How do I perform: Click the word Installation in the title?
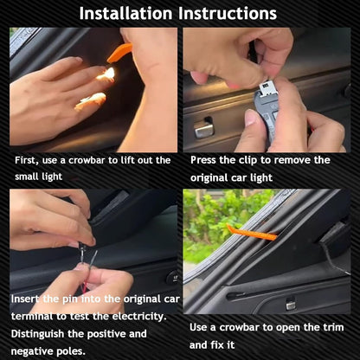coord(125,13)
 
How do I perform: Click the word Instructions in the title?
coord(228,13)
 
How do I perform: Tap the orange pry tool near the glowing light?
coord(119,53)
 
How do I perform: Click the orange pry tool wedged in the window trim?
coord(252,232)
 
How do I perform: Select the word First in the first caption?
coord(27,160)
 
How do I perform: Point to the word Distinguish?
coord(37,334)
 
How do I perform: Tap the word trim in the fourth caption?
coord(334,328)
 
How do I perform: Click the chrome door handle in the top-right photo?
coord(203,129)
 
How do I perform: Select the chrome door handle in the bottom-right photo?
coord(290,305)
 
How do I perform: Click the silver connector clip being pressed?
coord(268,88)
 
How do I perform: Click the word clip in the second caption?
coord(248,160)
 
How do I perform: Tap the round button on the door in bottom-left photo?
coord(173,278)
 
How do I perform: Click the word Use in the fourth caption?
coord(198,328)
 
